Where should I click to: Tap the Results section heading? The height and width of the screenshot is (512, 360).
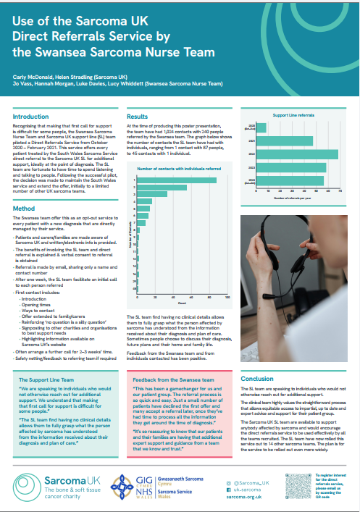[x=138, y=115]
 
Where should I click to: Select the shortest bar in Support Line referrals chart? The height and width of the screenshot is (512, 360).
[x=262, y=128]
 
